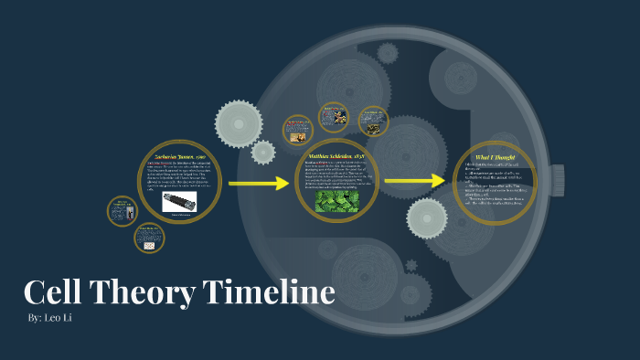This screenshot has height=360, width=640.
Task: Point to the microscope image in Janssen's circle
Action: click(180, 201)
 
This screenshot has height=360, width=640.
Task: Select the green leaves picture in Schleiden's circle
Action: click(336, 201)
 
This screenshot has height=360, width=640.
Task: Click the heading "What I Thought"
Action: click(495, 158)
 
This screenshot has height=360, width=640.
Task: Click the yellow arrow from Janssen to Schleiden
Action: click(259, 184)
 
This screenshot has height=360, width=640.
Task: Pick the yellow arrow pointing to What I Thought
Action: click(414, 181)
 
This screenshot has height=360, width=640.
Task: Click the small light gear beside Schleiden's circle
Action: click(263, 153)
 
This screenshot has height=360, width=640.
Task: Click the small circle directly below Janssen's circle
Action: click(149, 238)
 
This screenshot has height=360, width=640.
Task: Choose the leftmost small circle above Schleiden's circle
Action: click(298, 130)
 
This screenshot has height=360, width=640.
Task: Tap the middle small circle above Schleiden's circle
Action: click(334, 117)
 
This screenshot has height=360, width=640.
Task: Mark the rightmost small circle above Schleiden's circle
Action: click(373, 121)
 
